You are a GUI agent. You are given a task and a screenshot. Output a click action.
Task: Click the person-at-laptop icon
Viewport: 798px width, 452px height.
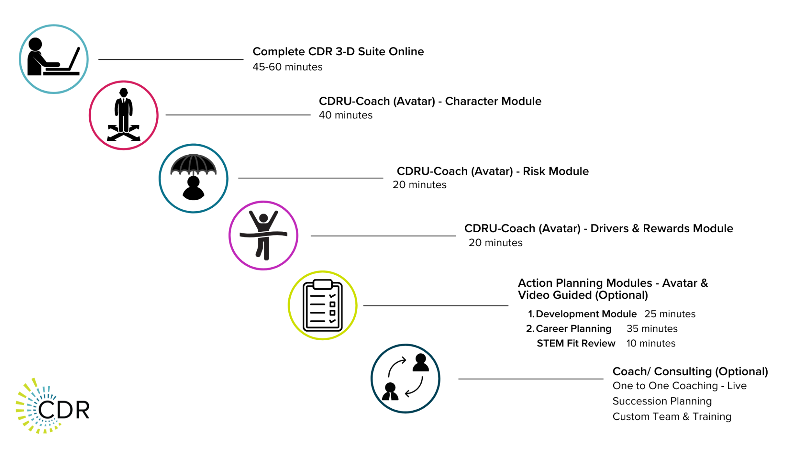click(53, 59)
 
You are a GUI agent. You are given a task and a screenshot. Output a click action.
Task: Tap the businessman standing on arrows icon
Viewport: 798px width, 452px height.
click(124, 115)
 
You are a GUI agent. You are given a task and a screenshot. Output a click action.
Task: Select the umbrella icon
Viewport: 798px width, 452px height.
click(193, 178)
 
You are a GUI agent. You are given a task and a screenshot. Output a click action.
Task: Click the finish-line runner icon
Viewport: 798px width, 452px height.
click(263, 235)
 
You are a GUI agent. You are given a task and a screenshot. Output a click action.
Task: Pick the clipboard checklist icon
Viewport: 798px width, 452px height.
click(322, 305)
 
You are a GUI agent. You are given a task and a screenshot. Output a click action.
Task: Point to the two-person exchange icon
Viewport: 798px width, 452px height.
click(405, 378)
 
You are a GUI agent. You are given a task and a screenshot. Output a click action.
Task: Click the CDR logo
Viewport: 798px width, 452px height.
click(53, 406)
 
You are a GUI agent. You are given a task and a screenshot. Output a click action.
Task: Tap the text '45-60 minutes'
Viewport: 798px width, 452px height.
click(288, 67)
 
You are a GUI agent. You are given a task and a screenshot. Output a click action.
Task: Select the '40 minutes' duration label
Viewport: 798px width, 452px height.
click(346, 115)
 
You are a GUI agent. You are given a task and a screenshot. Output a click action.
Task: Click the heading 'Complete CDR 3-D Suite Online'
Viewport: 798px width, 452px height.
click(338, 51)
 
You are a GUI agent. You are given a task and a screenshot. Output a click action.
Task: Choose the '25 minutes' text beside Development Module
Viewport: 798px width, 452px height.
click(670, 314)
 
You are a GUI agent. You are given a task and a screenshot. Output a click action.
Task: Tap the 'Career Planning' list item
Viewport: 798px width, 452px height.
click(574, 329)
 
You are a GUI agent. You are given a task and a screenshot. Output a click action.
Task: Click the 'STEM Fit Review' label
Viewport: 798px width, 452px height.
click(576, 343)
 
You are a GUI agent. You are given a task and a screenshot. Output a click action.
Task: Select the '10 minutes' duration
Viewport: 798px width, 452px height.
click(651, 343)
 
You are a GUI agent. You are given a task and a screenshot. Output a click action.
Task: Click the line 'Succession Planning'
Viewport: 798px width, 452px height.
click(662, 401)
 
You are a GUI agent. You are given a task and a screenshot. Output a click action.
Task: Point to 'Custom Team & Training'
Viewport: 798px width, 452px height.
click(672, 417)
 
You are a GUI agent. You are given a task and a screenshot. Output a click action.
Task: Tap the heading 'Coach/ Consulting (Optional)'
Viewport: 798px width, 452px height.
click(690, 371)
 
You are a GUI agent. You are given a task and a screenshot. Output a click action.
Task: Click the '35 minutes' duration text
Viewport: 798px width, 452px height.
click(652, 329)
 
